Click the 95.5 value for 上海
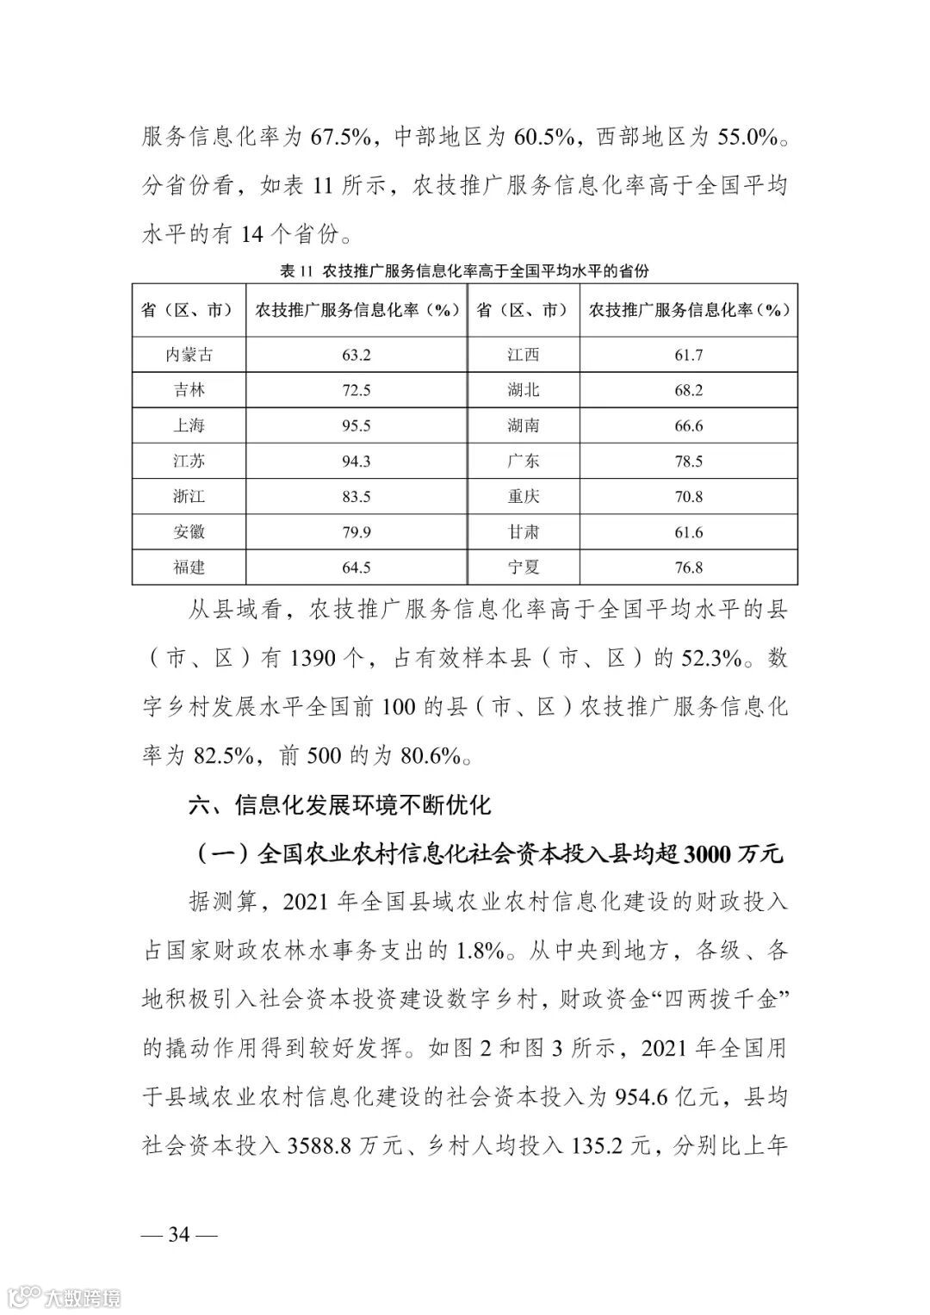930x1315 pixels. point(356,425)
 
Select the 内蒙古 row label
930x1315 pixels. point(189,354)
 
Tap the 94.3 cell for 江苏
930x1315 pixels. point(356,461)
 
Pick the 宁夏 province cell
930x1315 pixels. point(524,568)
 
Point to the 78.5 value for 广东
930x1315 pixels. point(688,461)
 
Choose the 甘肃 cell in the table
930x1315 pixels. point(524,532)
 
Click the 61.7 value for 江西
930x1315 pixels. point(688,354)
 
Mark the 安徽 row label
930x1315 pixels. point(189,532)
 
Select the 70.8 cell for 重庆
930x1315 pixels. point(688,497)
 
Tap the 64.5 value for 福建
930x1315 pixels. point(356,568)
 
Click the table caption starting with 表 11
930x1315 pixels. point(464,271)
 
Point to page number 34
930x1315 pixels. point(178,1234)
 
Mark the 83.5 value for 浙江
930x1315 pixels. point(356,497)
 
